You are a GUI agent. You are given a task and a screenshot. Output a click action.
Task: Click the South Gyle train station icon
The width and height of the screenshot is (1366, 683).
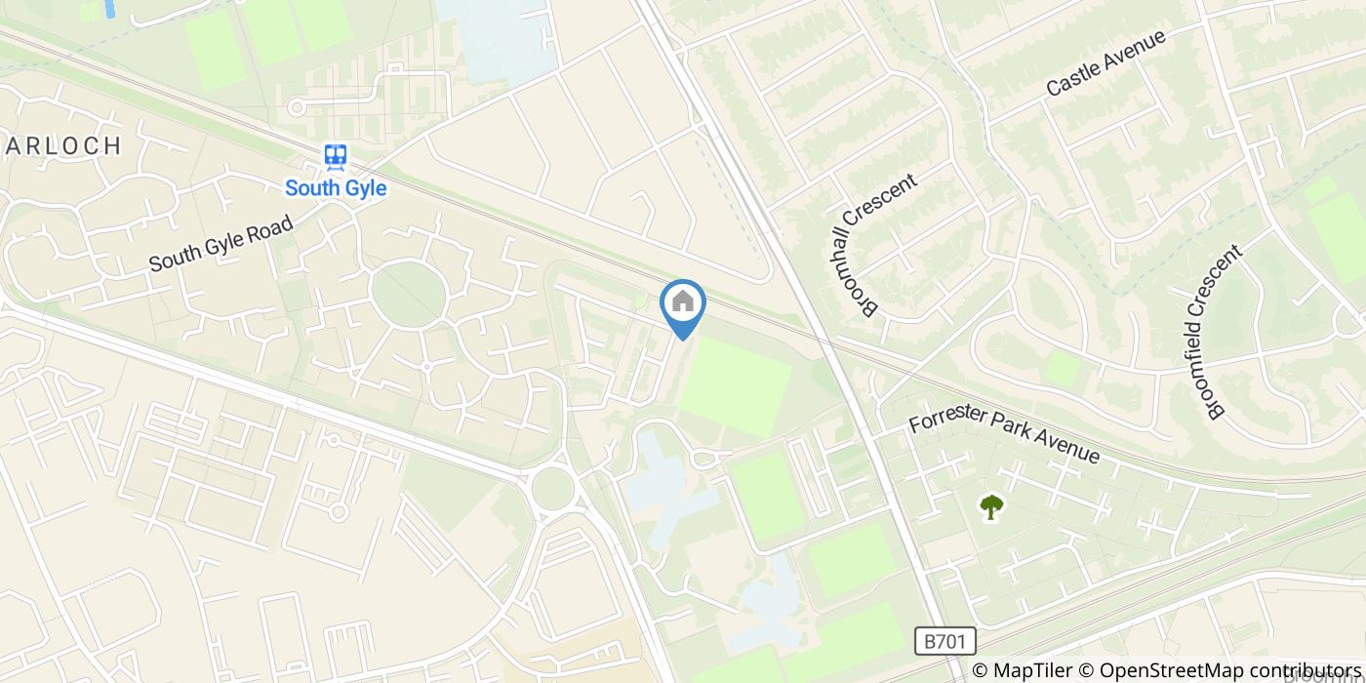336,157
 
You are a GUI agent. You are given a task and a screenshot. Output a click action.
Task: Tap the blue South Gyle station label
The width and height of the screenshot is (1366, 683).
336,188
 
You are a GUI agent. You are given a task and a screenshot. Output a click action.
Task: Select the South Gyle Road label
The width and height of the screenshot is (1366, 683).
221,244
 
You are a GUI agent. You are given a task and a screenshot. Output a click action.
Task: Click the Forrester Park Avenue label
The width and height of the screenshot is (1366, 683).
1004,438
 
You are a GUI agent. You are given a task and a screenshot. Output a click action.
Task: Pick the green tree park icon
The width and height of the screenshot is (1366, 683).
991,506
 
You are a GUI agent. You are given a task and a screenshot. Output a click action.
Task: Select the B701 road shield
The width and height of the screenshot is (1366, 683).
945,641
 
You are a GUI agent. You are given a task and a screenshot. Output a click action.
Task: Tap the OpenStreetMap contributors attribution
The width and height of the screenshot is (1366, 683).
1231,670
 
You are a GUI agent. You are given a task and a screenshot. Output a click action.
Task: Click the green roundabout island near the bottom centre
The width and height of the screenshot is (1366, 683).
551,487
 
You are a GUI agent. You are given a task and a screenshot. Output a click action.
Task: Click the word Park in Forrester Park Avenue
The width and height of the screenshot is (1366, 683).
1013,440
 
